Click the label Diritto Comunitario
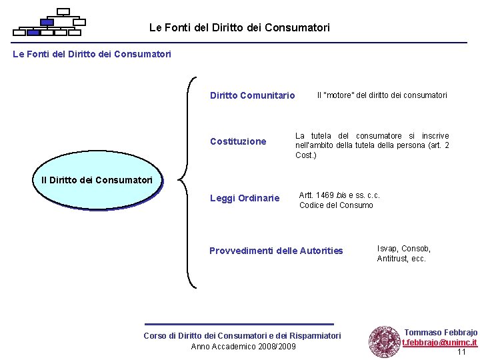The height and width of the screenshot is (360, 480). click(252, 95)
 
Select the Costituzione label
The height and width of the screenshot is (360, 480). click(238, 141)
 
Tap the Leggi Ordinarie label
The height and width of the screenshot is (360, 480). click(245, 198)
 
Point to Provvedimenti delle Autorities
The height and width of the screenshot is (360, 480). click(276, 251)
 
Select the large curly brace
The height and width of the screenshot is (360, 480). click(187, 182)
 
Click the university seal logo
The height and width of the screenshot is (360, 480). click(384, 341)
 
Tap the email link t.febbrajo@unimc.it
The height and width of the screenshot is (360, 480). click(439, 343)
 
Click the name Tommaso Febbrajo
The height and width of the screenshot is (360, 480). click(441, 332)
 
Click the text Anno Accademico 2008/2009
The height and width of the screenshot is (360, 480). click(243, 346)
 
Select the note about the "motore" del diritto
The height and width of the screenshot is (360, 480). click(382, 95)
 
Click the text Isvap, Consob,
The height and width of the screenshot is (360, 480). click(404, 249)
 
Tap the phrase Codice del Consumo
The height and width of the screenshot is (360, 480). click(336, 205)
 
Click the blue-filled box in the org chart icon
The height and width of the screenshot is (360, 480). click(47, 22)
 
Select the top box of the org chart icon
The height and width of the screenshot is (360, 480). click(63, 11)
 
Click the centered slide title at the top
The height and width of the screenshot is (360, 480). click(239, 28)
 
